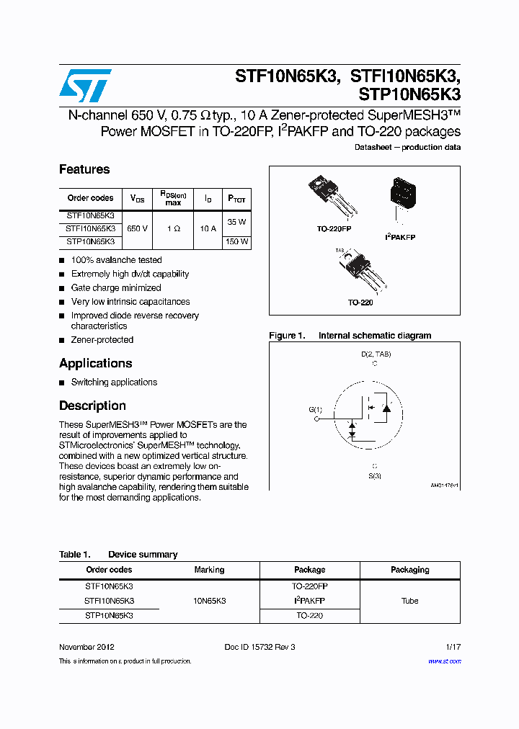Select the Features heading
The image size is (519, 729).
click(x=84, y=169)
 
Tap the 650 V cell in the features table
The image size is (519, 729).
click(x=137, y=228)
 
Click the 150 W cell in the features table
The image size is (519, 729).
click(x=236, y=242)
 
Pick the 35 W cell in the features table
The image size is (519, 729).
click(x=236, y=222)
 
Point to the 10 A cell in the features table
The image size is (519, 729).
click(x=208, y=228)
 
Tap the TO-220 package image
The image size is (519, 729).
click(x=363, y=272)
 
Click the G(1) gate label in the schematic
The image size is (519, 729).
click(x=316, y=410)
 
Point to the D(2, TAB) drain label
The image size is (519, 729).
click(x=375, y=354)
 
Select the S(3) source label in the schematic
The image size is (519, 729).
click(x=375, y=475)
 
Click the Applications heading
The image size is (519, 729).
click(x=95, y=363)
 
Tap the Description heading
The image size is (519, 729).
click(x=92, y=406)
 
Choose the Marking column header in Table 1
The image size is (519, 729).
click(x=209, y=570)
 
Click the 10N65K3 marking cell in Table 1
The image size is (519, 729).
click(x=209, y=601)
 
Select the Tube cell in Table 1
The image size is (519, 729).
click(x=409, y=601)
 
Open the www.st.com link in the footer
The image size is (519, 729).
click(x=444, y=661)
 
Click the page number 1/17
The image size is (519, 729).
click(x=453, y=647)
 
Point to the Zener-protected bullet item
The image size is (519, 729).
click(x=102, y=340)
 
